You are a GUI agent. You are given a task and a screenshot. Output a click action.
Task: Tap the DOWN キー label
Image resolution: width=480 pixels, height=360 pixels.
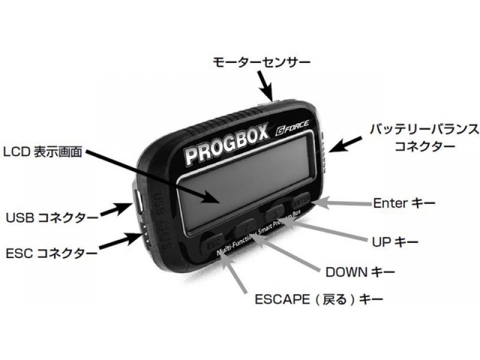tap(360, 272)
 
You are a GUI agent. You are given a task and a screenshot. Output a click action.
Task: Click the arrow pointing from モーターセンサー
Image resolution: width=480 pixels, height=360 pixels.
tap(265, 84)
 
